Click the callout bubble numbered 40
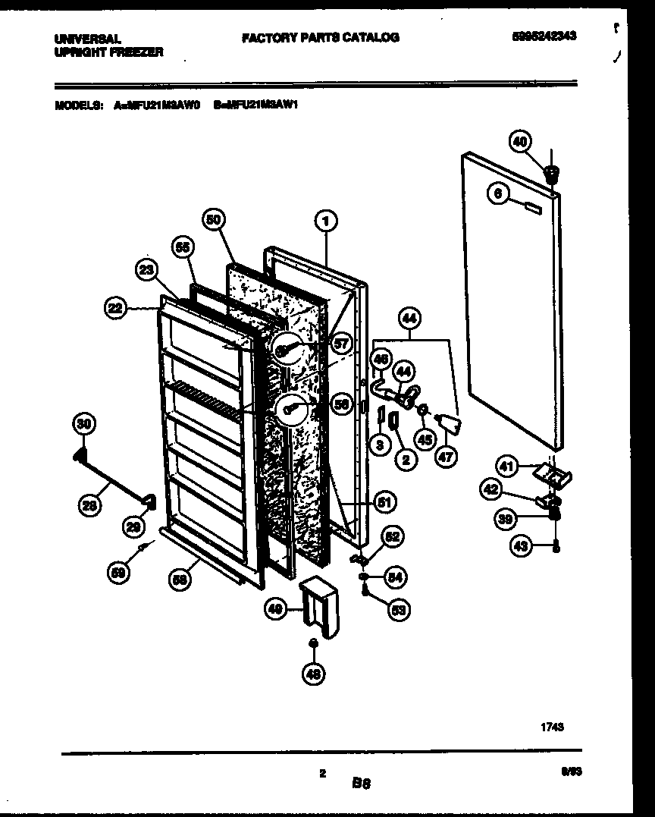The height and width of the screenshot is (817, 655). point(521,141)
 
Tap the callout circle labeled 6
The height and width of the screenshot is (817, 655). point(497,194)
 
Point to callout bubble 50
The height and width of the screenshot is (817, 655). point(214,220)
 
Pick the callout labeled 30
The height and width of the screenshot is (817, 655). point(84,424)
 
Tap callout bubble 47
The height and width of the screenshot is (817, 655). point(447,457)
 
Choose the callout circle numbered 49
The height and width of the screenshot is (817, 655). point(276,607)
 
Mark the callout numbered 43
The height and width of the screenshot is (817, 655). point(521,545)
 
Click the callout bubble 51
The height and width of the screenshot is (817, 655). point(385,502)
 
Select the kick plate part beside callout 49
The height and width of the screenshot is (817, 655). point(318,605)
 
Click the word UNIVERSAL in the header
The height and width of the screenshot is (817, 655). point(87,38)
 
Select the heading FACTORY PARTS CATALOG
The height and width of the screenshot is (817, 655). point(320,37)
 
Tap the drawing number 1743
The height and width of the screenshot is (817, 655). point(551,726)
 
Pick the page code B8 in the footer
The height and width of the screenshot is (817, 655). point(360,782)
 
